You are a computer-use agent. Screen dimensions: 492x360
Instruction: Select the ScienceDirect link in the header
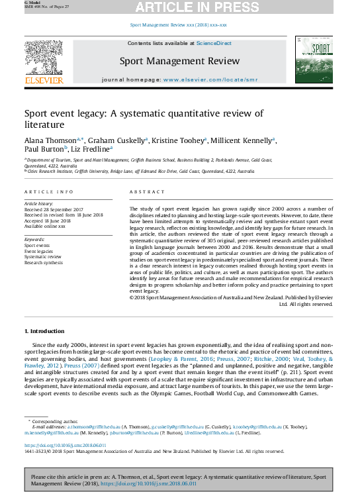coord(214,43)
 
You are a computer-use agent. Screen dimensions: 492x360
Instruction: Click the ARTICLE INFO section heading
coord(49,191)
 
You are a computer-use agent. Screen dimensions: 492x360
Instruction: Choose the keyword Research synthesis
coord(44,263)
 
